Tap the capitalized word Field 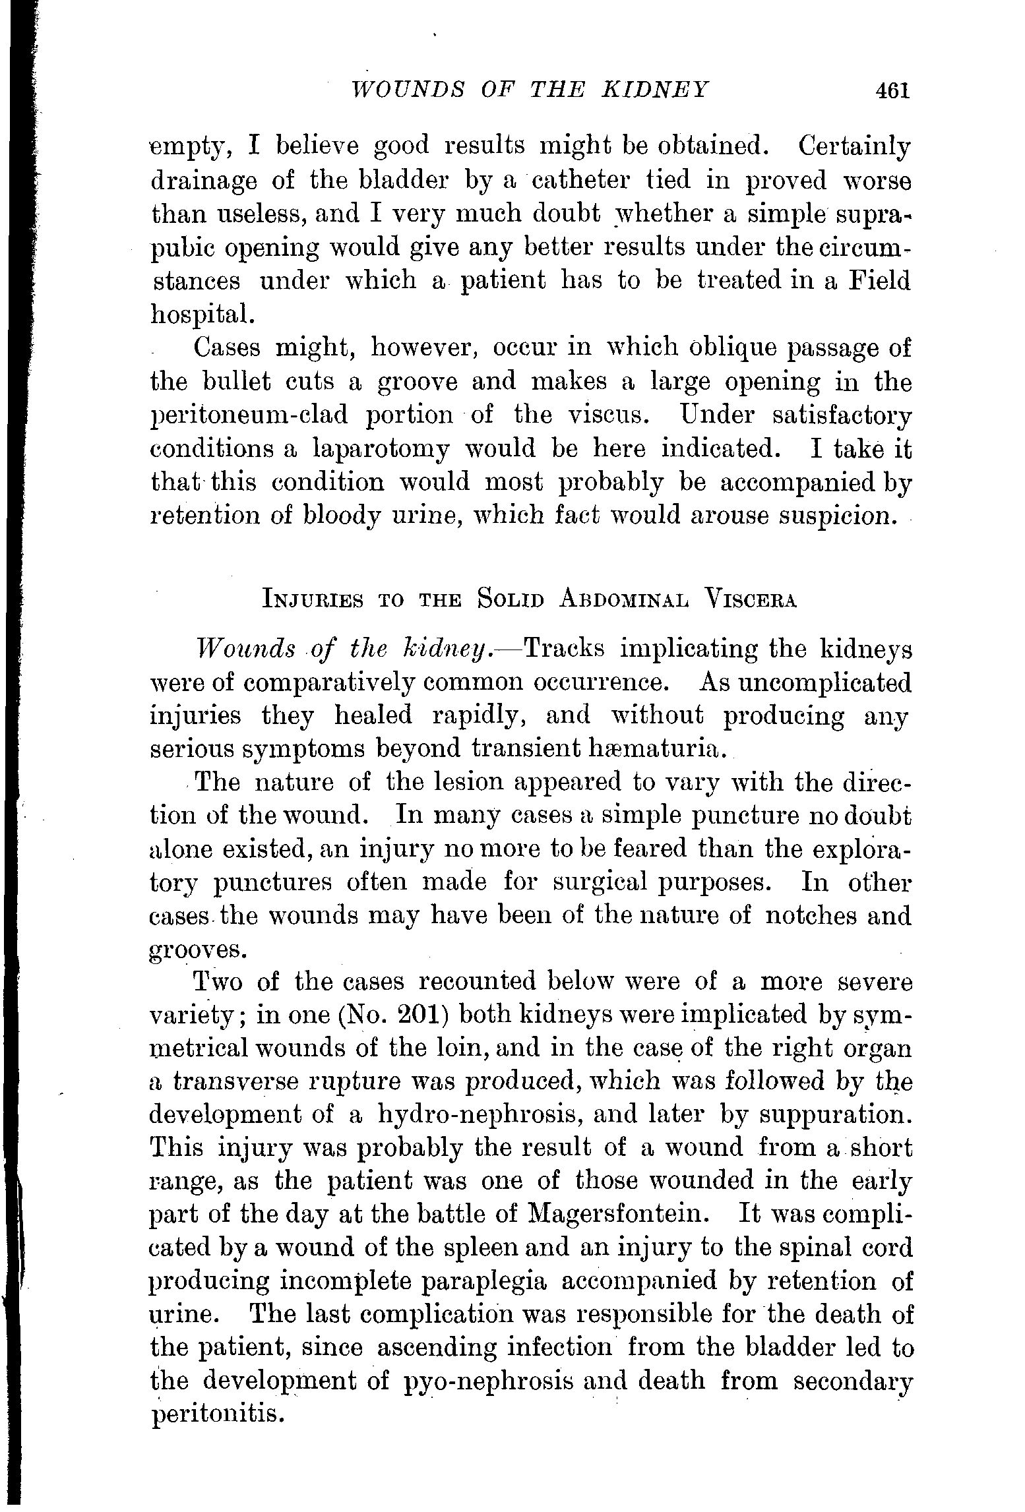[x=879, y=281]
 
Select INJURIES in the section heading [x=313, y=600]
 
